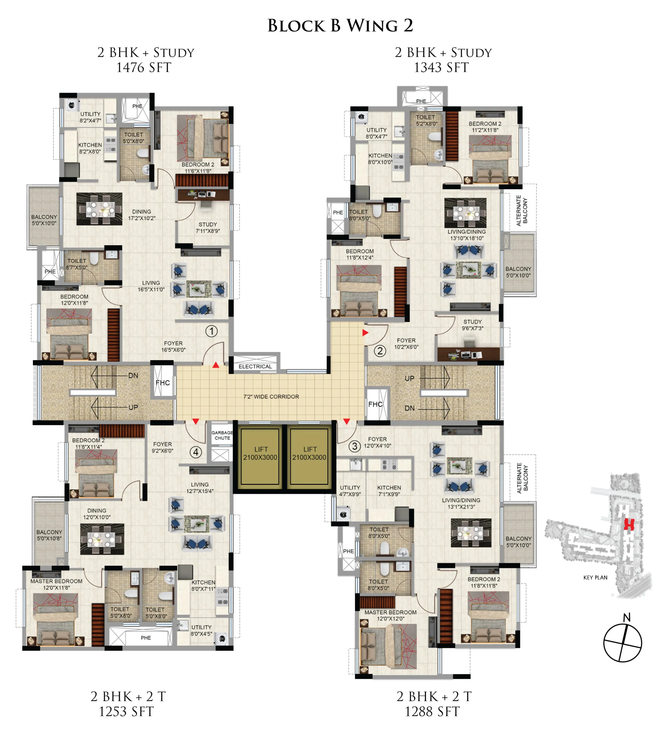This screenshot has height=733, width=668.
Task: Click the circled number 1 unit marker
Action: pos(212,331)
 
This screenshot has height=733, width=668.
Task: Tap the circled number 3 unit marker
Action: pos(355,446)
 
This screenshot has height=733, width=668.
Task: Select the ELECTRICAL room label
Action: pos(255,366)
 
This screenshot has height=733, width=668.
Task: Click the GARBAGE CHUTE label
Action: pos(222,435)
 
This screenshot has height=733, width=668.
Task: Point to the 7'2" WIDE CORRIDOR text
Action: pos(271,397)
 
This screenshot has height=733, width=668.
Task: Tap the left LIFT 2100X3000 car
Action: pos(260,456)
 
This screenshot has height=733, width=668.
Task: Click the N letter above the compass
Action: pos(627,617)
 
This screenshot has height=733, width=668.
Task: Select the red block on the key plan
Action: pos(629,524)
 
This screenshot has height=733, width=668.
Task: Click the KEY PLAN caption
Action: pos(595,578)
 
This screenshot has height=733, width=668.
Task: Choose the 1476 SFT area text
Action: pos(144,68)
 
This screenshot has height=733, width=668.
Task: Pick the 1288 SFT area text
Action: pos(432,712)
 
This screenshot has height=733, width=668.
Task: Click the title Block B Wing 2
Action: pos(340,25)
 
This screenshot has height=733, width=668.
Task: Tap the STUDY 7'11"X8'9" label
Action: pos(208,228)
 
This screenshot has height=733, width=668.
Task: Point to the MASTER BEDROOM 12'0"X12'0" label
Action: pos(390,616)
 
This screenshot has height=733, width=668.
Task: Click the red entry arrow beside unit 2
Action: pos(365,332)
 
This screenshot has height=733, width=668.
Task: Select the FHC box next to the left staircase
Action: pos(163,383)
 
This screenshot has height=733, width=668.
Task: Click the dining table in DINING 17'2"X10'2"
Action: pos(99,209)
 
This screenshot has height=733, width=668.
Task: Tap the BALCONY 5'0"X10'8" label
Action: pos(49,535)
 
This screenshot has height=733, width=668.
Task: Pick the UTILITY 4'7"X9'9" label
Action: pos(350,491)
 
